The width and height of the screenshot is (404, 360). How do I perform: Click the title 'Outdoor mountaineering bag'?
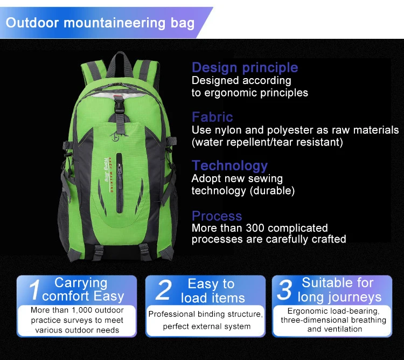coord(100,23)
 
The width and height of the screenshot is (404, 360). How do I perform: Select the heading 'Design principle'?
coord(245,67)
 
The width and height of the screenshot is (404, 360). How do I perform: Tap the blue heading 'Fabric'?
coord(212,117)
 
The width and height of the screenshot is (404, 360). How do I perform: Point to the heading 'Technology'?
coord(229,166)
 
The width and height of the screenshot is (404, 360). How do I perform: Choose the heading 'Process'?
coord(217,216)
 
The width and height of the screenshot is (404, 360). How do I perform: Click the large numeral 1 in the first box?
coord(33,290)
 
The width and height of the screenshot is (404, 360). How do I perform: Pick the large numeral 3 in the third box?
coord(283,290)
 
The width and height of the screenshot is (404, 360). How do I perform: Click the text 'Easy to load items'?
coord(212,290)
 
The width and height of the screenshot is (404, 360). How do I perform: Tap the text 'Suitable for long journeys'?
coord(338,290)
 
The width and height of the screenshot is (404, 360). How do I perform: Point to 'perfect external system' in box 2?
coord(206,326)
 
